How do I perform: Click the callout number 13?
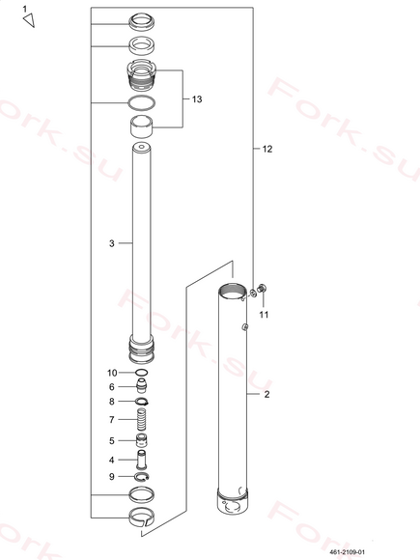click(197, 98)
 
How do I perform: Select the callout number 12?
click(267, 149)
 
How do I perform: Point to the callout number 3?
click(112, 243)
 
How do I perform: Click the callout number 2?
click(266, 394)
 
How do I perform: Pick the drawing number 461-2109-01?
click(348, 552)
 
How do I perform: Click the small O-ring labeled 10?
click(142, 373)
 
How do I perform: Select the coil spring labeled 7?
click(142, 420)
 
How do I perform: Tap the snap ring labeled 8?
click(142, 402)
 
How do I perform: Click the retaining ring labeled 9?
click(142, 476)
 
